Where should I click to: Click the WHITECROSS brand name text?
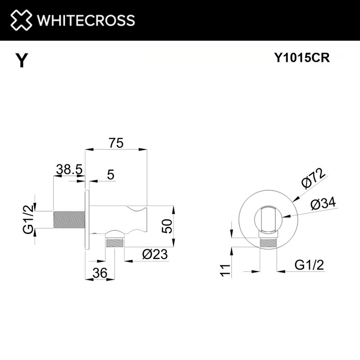tap(85, 20)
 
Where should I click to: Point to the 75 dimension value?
tap(116, 143)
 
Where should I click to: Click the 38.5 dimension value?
tap(68, 169)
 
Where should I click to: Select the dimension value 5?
tap(111, 175)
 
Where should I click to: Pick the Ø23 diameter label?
tap(154, 254)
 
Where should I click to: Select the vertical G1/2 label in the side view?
tap(28, 219)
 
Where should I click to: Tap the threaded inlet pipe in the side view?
tap(68, 220)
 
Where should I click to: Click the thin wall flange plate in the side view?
tap(87, 220)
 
